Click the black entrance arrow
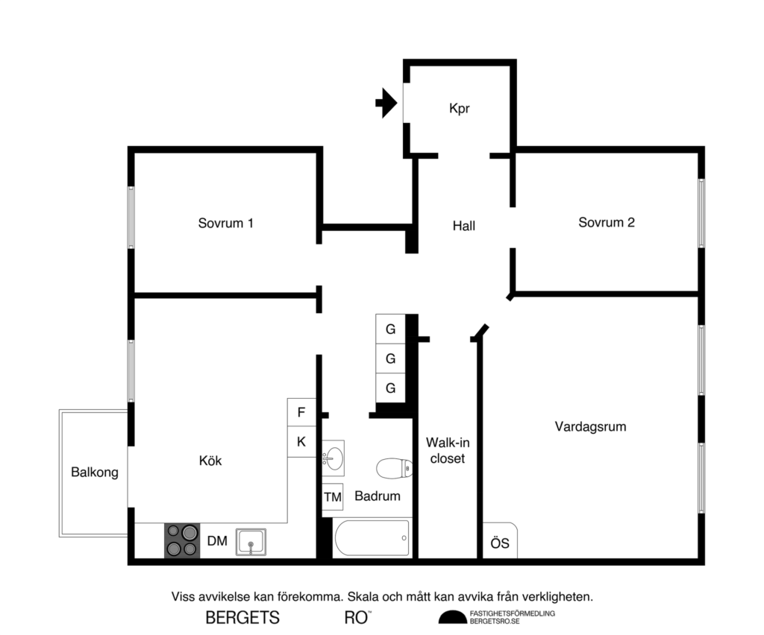click(x=385, y=103)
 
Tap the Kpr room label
click(x=460, y=108)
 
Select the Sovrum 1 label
click(x=226, y=223)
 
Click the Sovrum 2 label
click(x=607, y=222)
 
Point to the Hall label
click(x=464, y=226)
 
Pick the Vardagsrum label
click(x=590, y=427)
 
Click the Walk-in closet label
click(x=448, y=450)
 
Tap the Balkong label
click(x=95, y=473)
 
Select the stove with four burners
click(x=182, y=540)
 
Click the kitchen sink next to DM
click(x=251, y=542)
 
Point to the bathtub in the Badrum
click(x=372, y=538)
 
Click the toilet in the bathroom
click(x=394, y=468)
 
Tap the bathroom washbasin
click(x=333, y=456)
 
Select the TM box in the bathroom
click(x=333, y=496)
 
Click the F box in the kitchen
click(x=301, y=411)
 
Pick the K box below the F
click(x=301, y=442)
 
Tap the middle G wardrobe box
click(x=390, y=358)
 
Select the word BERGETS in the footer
click(x=242, y=617)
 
